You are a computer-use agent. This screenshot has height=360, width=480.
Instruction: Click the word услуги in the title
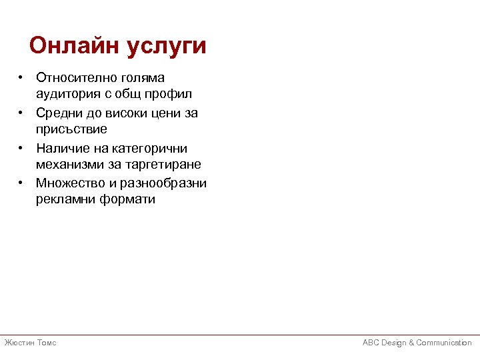167,47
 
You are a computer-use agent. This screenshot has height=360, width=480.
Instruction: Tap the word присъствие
71,128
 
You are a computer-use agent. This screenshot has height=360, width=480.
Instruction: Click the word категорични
145,148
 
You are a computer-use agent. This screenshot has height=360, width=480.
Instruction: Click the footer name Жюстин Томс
30,343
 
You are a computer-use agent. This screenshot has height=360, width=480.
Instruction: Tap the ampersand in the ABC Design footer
411,343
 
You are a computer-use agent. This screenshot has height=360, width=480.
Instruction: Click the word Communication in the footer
444,343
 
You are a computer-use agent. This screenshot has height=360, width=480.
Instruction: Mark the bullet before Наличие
22,148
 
